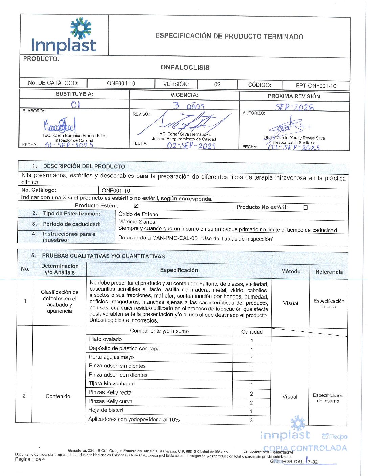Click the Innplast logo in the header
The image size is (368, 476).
[x=64, y=36]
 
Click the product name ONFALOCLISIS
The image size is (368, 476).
[x=185, y=67]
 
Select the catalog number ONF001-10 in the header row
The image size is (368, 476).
[x=121, y=84]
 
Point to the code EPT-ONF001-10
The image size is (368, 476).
[x=316, y=86]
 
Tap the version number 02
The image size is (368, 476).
[x=217, y=85]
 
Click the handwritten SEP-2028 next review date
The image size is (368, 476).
[x=294, y=107]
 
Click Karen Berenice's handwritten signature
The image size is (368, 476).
[x=60, y=125]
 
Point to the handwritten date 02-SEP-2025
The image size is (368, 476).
[x=191, y=146]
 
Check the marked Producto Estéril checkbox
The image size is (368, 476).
[x=136, y=206]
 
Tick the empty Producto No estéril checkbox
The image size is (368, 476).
[x=306, y=208]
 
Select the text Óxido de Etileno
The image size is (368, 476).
[x=138, y=214]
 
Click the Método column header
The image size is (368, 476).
[x=291, y=271]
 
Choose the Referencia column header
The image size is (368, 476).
[x=329, y=272]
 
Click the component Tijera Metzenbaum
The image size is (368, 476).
[x=112, y=384]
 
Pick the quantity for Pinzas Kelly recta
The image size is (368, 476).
[x=251, y=394]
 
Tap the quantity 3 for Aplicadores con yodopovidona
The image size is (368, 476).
[x=251, y=420]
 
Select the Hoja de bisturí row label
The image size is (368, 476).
[x=106, y=410]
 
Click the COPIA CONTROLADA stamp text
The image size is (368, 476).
[x=305, y=448]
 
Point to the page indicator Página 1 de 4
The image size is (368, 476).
[x=30, y=459]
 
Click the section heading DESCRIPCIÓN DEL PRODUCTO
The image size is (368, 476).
[x=84, y=166]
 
